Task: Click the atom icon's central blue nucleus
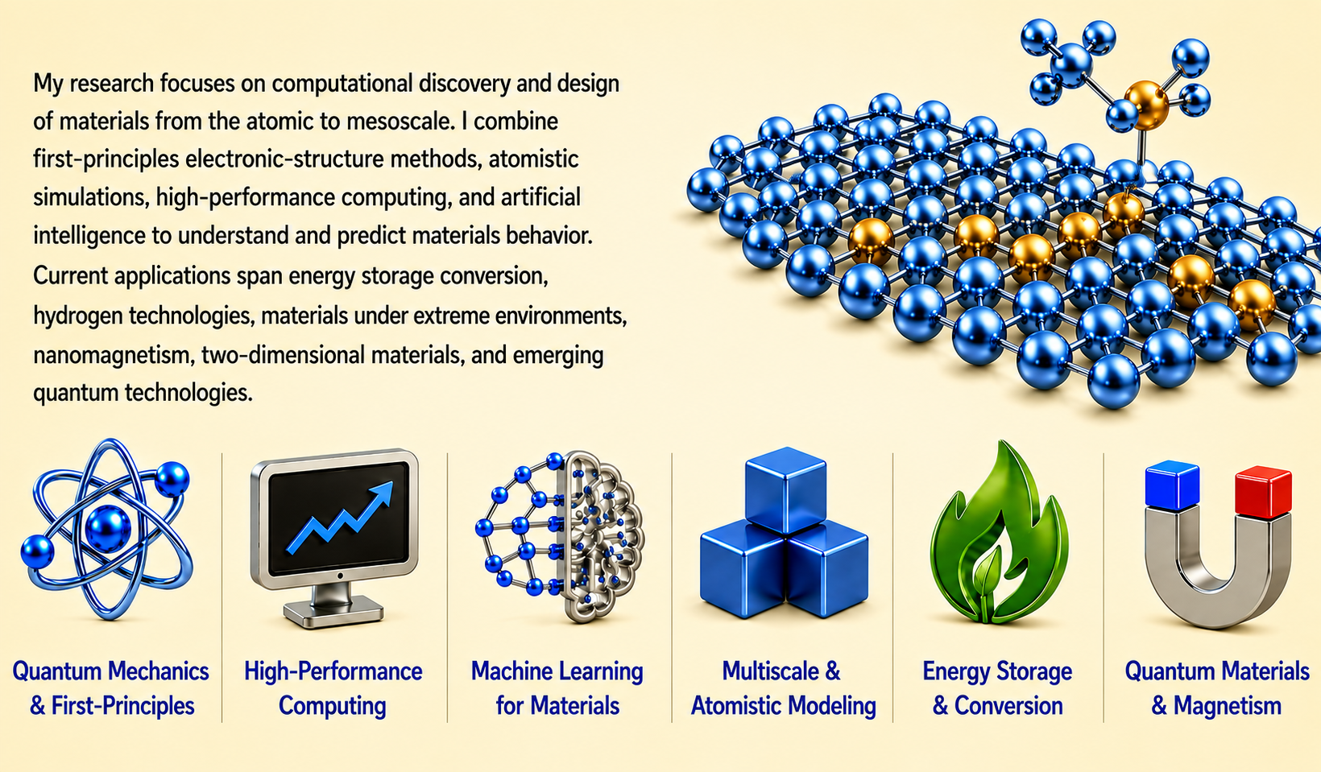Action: pos(108,529)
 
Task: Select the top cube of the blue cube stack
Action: pos(785,490)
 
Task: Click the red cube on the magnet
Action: pos(1263,492)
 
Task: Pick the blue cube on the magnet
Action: pos(1172,485)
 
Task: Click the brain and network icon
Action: pos(560,536)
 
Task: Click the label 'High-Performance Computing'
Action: pos(333,688)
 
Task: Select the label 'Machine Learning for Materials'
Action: pos(557,688)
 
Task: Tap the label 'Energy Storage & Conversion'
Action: pos(998,688)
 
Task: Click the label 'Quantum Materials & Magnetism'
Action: pos(1217,688)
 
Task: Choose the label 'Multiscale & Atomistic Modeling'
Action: pos(783,688)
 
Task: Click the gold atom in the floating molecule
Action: pos(1146,105)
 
